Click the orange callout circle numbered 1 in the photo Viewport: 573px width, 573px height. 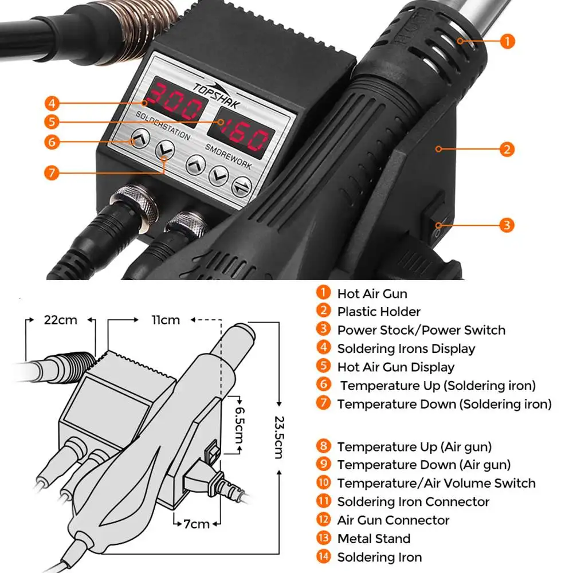(507, 41)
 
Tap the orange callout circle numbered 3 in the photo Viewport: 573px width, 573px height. (507, 224)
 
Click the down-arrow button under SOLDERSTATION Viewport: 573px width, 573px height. (165, 151)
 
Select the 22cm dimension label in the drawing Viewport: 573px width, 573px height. (60, 320)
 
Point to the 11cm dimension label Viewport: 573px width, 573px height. (166, 320)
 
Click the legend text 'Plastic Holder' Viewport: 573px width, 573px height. (379, 312)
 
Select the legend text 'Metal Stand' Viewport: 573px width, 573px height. (374, 539)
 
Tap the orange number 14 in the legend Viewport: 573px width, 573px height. (324, 556)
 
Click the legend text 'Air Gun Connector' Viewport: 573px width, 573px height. (393, 520)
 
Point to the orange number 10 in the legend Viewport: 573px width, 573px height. (324, 482)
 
